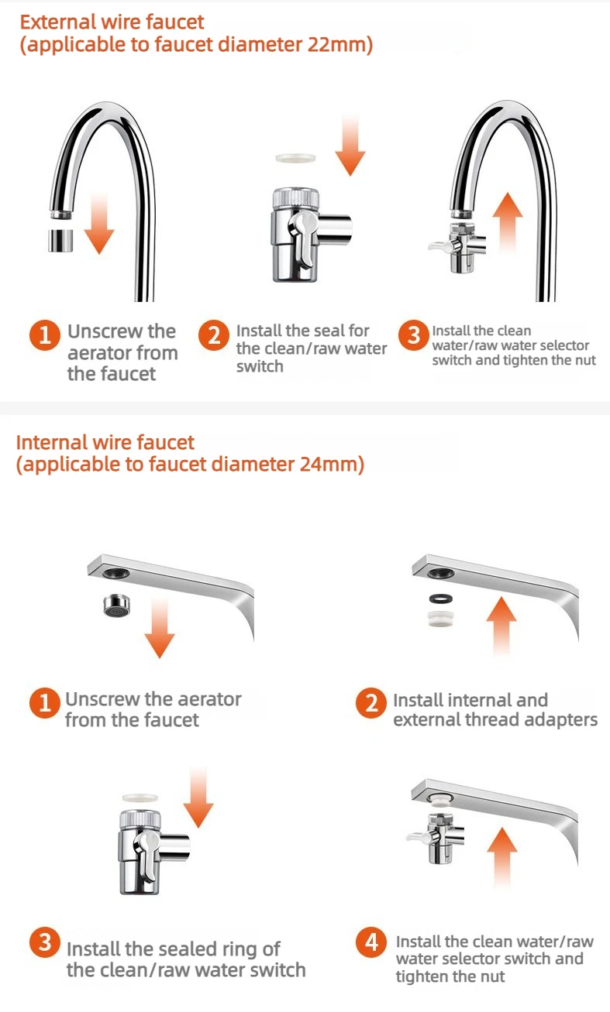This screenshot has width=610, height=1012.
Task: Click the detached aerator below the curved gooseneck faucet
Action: [60, 240]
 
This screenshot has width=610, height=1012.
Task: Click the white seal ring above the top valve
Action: [295, 158]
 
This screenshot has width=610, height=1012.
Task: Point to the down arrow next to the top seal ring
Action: [350, 145]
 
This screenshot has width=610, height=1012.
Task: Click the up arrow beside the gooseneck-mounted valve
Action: [508, 222]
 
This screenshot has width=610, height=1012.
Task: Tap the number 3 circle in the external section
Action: [413, 335]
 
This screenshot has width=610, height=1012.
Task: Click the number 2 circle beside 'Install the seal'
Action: [213, 335]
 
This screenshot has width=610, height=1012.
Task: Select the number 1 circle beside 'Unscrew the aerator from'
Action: [44, 702]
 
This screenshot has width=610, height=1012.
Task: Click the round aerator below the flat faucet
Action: [117, 605]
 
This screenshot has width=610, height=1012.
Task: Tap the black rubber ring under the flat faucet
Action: [441, 599]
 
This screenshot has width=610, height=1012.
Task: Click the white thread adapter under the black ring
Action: [441, 619]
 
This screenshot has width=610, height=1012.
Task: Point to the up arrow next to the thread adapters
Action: [501, 626]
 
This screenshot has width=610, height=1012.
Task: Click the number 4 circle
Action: [370, 942]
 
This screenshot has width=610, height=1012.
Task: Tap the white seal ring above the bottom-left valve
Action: [140, 798]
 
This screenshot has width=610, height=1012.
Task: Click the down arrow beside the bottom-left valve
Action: [198, 797]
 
